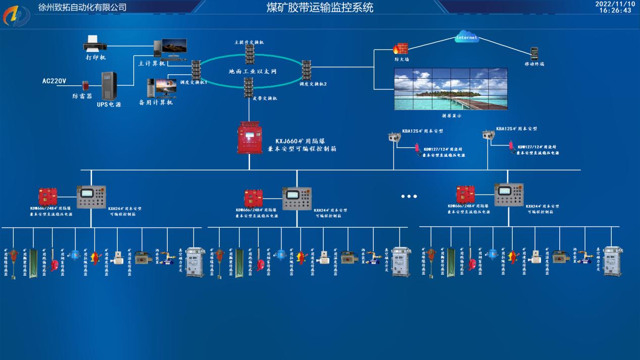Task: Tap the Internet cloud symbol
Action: [466, 37]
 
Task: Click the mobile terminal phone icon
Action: [534, 53]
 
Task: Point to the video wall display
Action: [451, 89]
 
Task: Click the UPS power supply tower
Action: [109, 86]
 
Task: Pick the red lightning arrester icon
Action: [85, 85]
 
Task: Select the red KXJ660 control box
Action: [250, 138]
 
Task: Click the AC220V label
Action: [55, 81]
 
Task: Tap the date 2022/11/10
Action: [615, 4]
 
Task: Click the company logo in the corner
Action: [16, 16]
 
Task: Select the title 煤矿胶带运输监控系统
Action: [320, 8]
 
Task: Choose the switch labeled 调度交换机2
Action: [307, 70]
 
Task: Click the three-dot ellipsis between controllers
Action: [409, 196]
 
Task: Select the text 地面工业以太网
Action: [253, 72]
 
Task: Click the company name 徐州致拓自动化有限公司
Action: [82, 7]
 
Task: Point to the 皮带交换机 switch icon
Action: [249, 87]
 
